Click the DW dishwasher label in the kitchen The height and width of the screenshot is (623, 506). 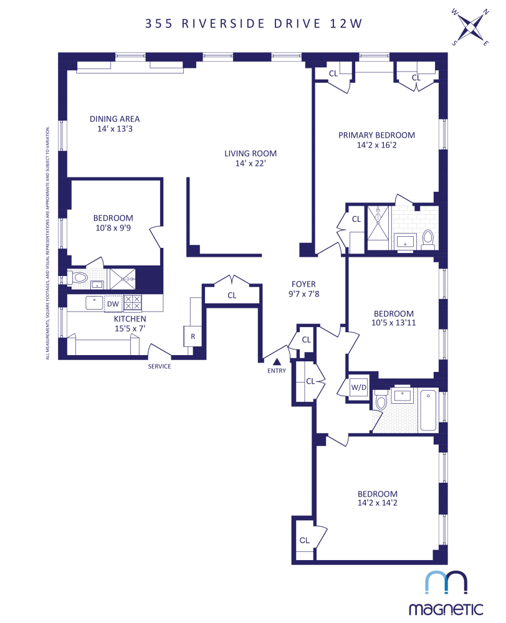click(113, 303)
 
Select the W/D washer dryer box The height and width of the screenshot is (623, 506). click(359, 387)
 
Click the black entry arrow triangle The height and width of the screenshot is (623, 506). click(277, 361)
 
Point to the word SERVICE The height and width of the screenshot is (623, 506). click(159, 366)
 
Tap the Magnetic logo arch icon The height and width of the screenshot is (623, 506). click(446, 583)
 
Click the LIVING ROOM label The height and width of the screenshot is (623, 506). click(251, 153)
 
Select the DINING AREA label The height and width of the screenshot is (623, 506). click(115, 119)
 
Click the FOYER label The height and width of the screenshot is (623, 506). click(304, 284)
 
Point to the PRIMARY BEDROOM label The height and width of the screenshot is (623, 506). click(376, 135)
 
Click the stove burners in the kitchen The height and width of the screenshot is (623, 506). click(133, 303)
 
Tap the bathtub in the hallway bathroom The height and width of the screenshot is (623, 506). click(427, 411)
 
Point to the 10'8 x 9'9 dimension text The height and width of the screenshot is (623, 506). click(113, 228)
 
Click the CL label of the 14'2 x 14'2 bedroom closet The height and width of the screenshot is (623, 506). click(305, 540)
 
